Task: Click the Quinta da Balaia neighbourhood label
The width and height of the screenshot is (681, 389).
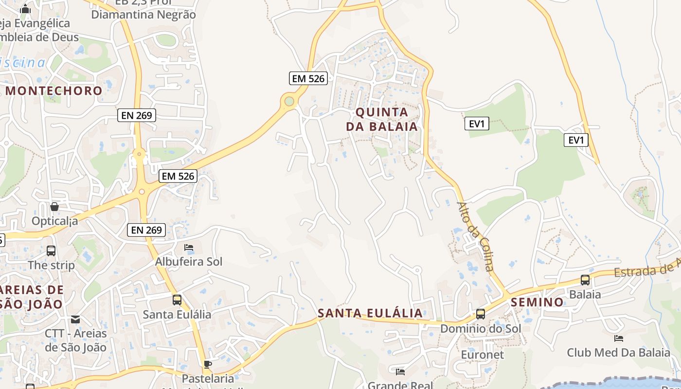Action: pos(382,119)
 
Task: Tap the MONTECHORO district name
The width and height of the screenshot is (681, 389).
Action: pos(54,90)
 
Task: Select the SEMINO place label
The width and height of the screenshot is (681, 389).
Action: pos(537,302)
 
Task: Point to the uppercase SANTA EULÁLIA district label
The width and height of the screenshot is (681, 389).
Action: pos(370,313)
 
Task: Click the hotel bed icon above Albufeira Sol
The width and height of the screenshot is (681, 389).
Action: pos(189,248)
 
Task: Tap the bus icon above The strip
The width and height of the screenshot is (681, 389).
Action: pos(51,251)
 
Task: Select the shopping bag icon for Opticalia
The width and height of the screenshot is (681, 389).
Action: pos(54,207)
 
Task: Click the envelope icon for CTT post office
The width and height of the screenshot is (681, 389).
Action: pos(75,319)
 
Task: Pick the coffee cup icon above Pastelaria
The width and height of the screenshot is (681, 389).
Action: pos(208,364)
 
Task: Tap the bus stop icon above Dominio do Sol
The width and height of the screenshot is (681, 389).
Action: pos(481,314)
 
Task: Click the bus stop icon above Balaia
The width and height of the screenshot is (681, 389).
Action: pos(585,280)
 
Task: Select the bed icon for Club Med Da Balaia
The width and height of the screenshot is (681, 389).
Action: pos(619,338)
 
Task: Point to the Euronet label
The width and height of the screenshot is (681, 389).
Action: pos(483,354)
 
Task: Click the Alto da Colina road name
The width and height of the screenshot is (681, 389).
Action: pos(476,236)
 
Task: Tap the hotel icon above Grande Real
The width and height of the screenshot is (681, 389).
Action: pos(400,372)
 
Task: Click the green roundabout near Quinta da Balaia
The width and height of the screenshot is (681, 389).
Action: pos(289,101)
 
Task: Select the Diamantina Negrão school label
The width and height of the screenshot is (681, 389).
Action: pos(143,15)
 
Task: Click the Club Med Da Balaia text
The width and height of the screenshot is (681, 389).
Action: pos(619,352)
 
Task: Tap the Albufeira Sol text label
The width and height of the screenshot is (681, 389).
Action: pos(189,262)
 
